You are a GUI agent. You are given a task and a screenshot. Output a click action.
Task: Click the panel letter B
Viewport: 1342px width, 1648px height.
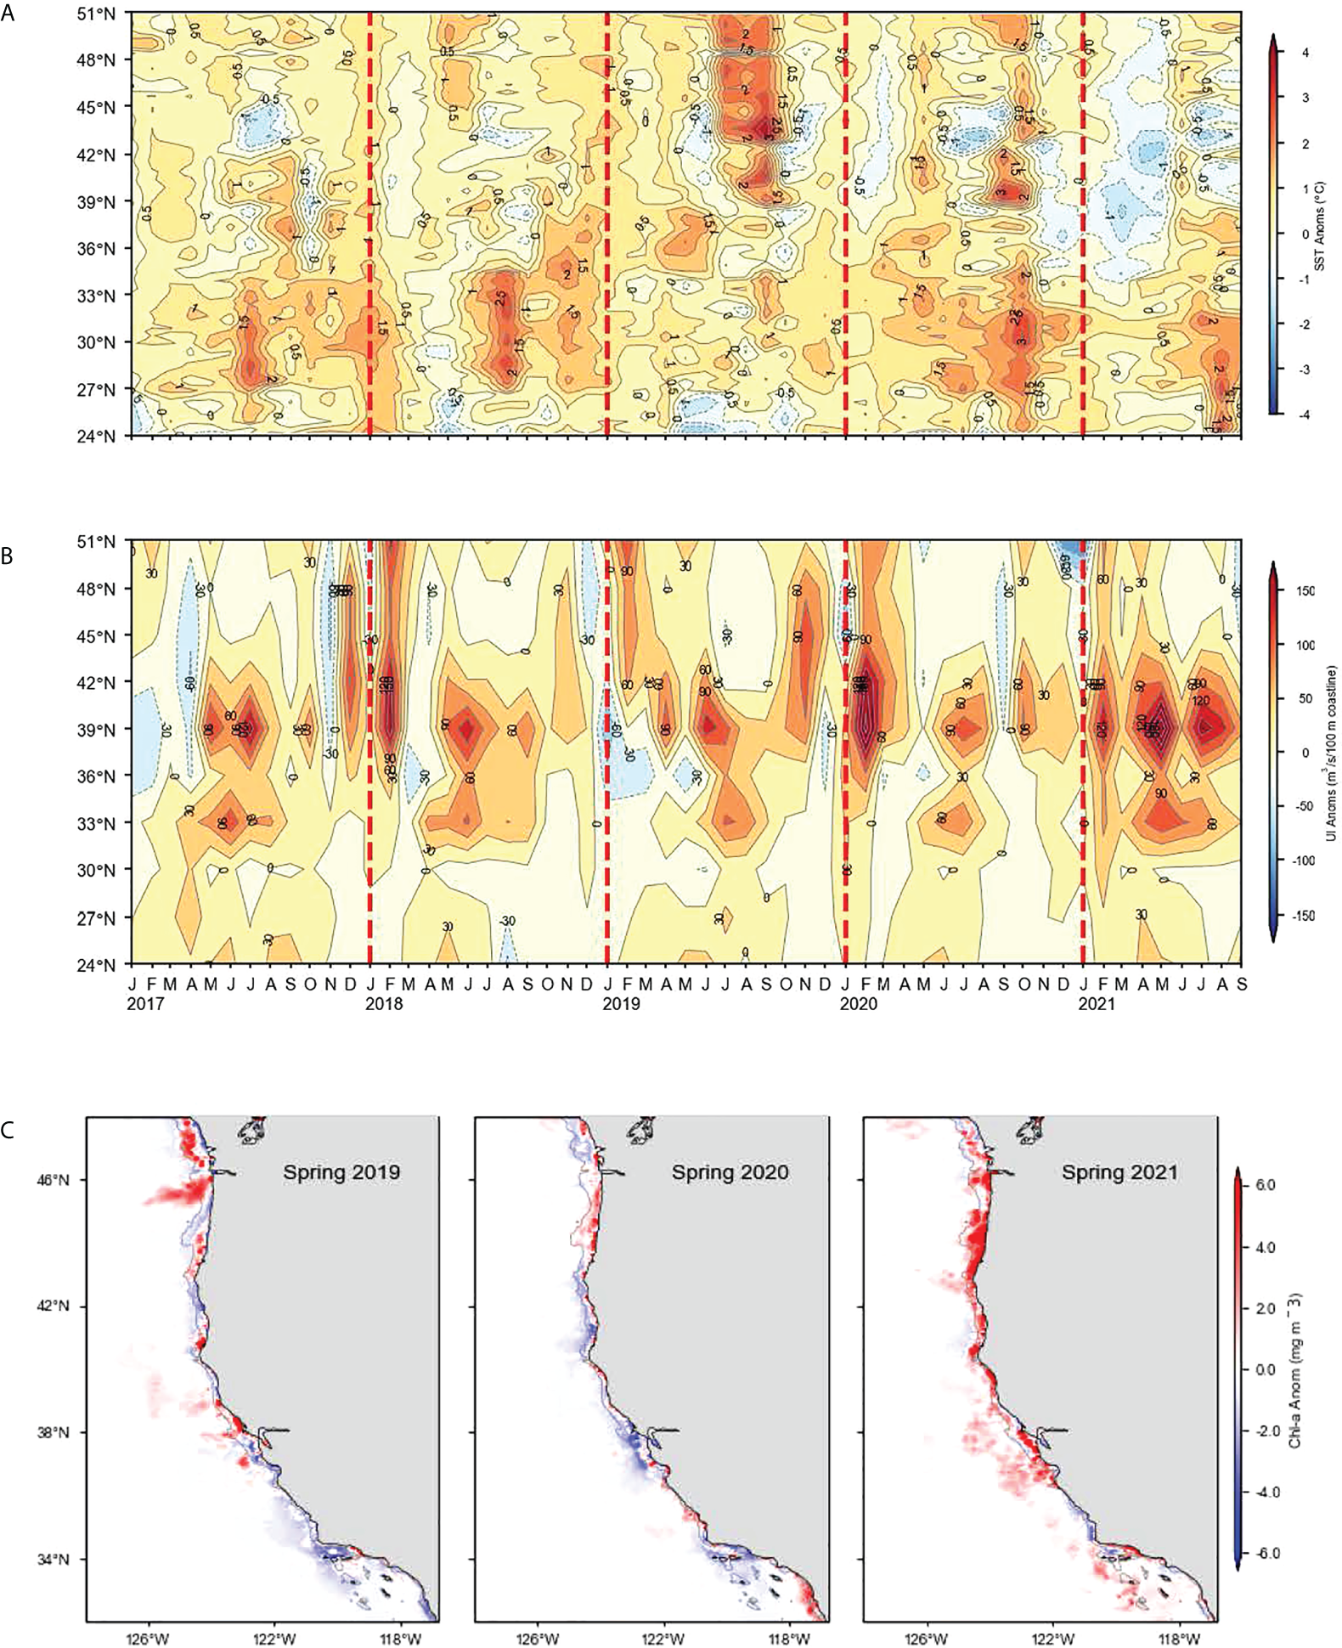click(8, 556)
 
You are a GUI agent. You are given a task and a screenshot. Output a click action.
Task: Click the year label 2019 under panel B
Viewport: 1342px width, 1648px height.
click(622, 1004)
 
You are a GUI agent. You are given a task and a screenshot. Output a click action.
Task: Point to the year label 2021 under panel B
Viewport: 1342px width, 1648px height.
click(1097, 1004)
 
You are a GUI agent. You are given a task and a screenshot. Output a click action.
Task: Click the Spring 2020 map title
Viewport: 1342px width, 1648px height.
click(730, 1172)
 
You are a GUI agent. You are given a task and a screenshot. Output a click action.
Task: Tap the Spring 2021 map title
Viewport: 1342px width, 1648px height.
click(1119, 1172)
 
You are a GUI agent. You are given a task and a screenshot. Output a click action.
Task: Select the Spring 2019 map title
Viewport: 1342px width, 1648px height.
click(341, 1172)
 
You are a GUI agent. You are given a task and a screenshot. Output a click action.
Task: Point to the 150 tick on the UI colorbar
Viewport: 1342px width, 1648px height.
click(1305, 591)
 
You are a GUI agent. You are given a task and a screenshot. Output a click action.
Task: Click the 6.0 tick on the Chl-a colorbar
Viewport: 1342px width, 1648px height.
click(1265, 1185)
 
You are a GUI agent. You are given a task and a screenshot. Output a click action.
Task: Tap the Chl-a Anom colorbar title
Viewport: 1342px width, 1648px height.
click(1294, 1372)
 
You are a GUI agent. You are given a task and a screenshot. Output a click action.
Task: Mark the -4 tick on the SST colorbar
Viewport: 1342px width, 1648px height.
click(1305, 415)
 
